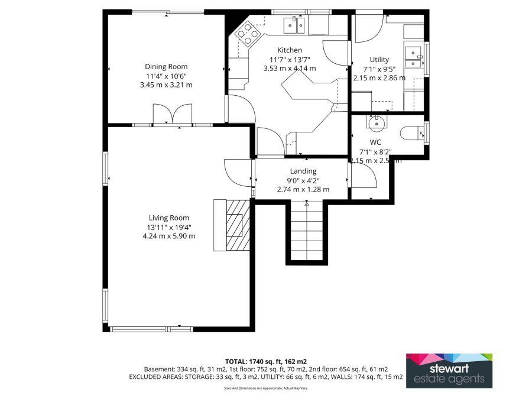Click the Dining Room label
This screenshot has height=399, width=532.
[x=166, y=67]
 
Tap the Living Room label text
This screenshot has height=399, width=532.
[x=168, y=218]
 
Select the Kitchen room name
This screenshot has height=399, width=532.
[x=290, y=50]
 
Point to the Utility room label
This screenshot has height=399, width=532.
[x=379, y=60]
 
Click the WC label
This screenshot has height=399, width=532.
[x=375, y=142]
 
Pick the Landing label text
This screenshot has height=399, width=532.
[x=303, y=171]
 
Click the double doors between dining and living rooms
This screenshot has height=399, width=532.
[x=173, y=113]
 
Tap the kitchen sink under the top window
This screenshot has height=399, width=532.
[x=294, y=25]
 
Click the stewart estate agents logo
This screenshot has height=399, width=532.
[x=449, y=371]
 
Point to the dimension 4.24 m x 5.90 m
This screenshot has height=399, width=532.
[x=168, y=236]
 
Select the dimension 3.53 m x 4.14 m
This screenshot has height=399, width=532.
[x=290, y=68]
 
